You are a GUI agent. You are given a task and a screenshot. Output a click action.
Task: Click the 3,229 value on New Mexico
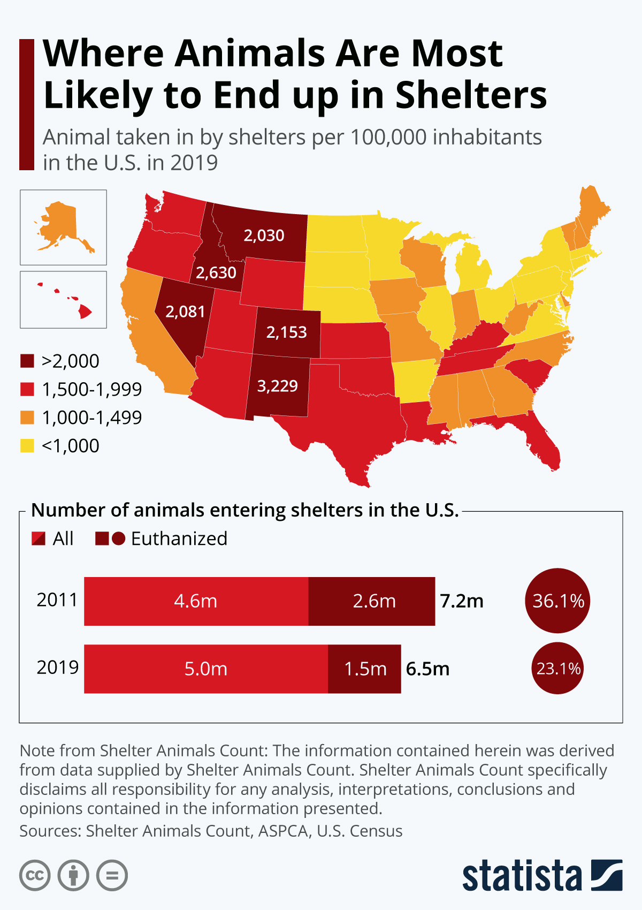click(x=277, y=385)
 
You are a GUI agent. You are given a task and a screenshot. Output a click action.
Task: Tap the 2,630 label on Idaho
click(x=216, y=272)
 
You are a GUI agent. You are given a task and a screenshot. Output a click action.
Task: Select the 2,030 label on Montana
click(x=264, y=235)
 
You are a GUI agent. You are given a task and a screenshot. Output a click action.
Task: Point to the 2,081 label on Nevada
click(x=185, y=312)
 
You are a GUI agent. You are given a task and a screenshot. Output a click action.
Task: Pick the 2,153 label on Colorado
click(x=286, y=332)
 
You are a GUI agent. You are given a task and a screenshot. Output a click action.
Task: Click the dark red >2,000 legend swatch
click(x=27, y=361)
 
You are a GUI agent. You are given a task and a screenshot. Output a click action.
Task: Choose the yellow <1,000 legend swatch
click(x=27, y=446)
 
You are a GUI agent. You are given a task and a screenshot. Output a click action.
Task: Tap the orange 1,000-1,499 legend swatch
click(x=27, y=418)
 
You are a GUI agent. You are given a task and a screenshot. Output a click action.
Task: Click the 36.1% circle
click(x=557, y=601)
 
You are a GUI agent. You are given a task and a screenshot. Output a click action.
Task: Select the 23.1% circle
click(x=557, y=668)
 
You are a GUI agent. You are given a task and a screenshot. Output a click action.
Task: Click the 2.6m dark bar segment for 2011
click(x=371, y=601)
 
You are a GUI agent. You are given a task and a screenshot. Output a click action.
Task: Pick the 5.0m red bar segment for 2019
click(x=206, y=669)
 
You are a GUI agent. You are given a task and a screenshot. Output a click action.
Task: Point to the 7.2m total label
click(x=462, y=601)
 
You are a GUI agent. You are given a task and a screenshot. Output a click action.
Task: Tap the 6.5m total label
click(x=427, y=669)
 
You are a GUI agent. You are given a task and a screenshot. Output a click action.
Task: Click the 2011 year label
click(x=57, y=600)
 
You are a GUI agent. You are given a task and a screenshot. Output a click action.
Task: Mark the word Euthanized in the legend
click(x=179, y=539)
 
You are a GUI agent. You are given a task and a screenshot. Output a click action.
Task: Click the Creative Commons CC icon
click(x=35, y=875)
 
